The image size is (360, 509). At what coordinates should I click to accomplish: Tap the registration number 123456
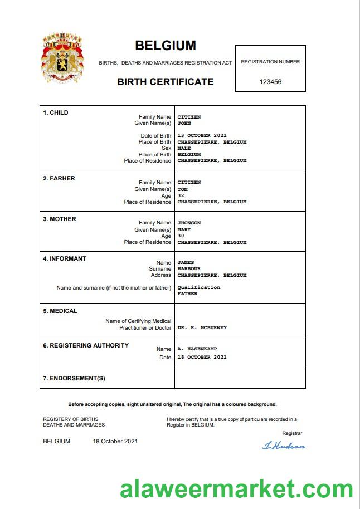pyautogui.click(x=270, y=82)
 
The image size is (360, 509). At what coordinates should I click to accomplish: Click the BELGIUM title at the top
pyautogui.click(x=166, y=46)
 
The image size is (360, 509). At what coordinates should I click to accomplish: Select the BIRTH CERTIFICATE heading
pyautogui.click(x=166, y=82)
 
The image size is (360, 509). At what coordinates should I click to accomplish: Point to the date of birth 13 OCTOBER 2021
pyautogui.click(x=202, y=136)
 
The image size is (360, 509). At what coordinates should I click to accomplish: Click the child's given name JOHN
pyautogui.click(x=184, y=123)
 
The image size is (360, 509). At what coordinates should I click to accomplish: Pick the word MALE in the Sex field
pyautogui.click(x=184, y=149)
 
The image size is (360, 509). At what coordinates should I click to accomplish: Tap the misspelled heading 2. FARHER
pyautogui.click(x=59, y=178)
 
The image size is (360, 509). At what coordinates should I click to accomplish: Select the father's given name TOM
pyautogui.click(x=182, y=189)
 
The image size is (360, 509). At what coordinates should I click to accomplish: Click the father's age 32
pyautogui.click(x=181, y=195)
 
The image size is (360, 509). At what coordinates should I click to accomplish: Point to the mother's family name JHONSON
pyautogui.click(x=189, y=223)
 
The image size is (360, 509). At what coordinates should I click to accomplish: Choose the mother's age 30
pyautogui.click(x=181, y=236)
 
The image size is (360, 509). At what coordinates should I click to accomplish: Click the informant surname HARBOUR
pyautogui.click(x=189, y=268)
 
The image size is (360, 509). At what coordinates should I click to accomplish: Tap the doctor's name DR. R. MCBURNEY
pyautogui.click(x=202, y=327)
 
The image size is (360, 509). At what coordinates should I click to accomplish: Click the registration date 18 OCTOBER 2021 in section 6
pyautogui.click(x=202, y=357)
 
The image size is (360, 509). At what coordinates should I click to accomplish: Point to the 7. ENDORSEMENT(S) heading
pyautogui.click(x=74, y=379)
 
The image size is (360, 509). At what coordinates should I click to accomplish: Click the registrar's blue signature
pyautogui.click(x=284, y=446)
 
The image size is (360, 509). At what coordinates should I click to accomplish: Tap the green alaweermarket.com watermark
pyautogui.click(x=236, y=490)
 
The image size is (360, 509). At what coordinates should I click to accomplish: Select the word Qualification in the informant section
pyautogui.click(x=198, y=287)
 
